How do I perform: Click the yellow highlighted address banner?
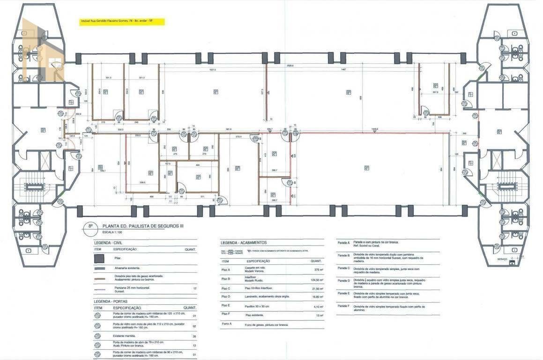122,22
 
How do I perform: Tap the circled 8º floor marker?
88,226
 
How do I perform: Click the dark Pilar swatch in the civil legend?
98,258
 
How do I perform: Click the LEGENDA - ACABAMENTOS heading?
244,242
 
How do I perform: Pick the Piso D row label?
226,296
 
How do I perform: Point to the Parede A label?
343,243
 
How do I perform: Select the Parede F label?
343,306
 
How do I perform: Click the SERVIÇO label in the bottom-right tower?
502,259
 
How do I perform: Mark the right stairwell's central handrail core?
507,187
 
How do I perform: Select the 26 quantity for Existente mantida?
193,336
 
